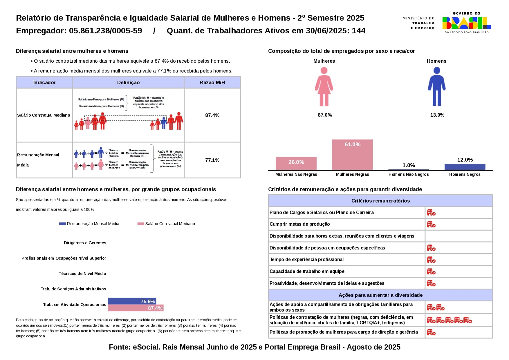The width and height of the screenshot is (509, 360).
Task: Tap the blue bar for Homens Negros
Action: point(465,167)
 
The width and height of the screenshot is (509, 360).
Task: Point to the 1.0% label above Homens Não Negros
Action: point(409,165)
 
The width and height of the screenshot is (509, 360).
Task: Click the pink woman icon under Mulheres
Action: point(324,87)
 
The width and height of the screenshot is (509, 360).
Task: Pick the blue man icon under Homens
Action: point(436,87)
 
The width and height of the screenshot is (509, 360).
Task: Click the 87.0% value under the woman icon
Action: point(325,115)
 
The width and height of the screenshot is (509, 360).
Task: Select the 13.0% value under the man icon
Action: point(437,115)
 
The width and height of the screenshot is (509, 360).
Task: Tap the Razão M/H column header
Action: point(212,83)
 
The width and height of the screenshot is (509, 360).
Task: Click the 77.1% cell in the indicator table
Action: point(212,160)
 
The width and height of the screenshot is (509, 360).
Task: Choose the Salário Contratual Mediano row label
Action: point(44,115)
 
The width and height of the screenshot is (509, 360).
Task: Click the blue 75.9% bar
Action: point(132,301)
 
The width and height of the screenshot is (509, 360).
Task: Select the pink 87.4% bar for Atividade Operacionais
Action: point(136,308)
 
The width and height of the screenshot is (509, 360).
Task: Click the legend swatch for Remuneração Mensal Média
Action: point(62,224)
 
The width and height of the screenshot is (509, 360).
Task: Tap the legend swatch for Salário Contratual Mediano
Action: point(141,224)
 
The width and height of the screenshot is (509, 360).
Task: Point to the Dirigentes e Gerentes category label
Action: point(85,243)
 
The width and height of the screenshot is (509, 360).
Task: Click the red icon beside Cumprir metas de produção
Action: point(431,225)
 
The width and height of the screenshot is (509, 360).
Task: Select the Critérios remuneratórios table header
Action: point(380,201)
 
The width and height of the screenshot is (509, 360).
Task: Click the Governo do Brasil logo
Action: point(466,23)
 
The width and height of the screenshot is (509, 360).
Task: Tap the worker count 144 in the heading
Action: point(359,31)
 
